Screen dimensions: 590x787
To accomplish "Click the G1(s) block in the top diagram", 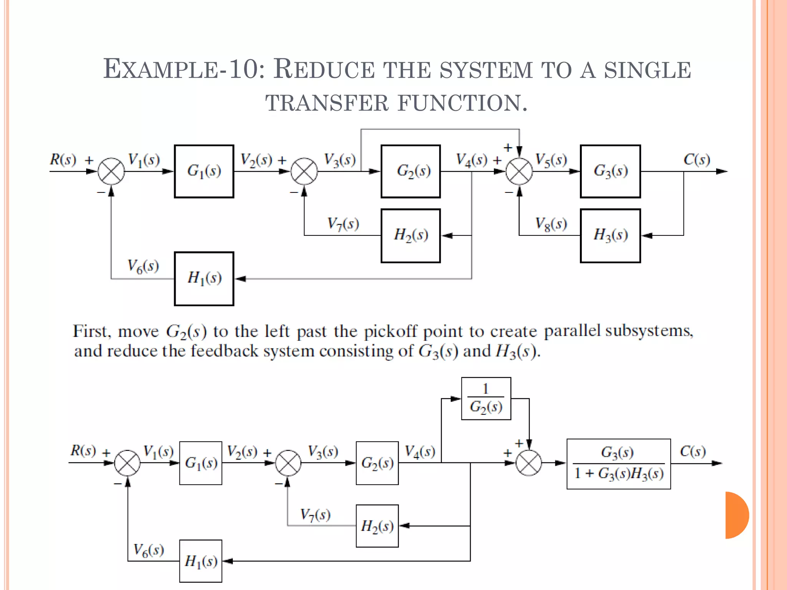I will [204, 171].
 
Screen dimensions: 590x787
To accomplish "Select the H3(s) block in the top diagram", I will [610, 235].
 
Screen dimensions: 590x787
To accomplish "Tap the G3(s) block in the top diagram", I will [610, 171].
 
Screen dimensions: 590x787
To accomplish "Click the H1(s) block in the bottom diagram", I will [201, 561].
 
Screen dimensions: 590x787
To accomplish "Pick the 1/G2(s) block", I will [486, 399].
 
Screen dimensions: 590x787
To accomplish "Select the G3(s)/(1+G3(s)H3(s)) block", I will [619, 464].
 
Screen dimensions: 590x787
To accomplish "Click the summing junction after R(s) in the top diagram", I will [111, 171].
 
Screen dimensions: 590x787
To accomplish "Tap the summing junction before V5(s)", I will [519, 171].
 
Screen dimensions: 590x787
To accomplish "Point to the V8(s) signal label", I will [551, 224].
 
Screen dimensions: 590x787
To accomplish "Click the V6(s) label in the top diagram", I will [143, 266].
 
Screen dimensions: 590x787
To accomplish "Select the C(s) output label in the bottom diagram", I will [692, 451].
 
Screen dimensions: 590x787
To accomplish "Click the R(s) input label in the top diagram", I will [63, 159].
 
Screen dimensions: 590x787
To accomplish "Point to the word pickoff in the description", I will [390, 331].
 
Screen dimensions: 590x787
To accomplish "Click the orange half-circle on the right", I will [736, 515].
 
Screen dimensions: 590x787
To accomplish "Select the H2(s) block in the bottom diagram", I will [377, 526].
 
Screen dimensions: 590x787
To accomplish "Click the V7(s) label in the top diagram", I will [343, 224].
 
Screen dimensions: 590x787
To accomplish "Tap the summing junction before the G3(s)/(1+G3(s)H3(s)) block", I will [529, 463].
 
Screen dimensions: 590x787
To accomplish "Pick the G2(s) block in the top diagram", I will [411, 171].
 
